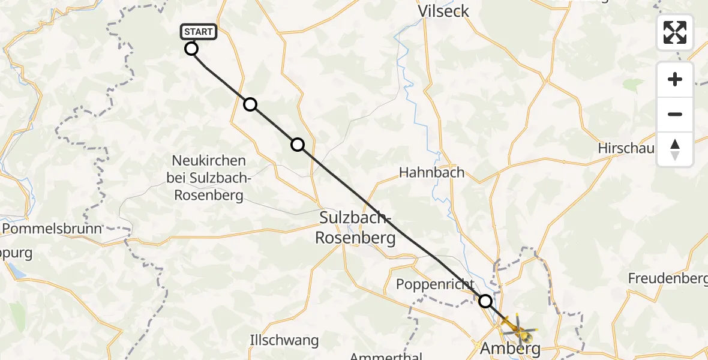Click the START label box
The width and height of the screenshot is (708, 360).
197,31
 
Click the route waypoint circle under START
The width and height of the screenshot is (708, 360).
191,49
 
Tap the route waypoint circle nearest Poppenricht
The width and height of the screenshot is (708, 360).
485,301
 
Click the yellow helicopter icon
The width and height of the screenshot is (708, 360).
515,326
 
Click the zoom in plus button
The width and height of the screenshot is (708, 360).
675,79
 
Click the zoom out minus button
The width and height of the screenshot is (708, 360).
675,114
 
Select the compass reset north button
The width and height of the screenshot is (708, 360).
675,149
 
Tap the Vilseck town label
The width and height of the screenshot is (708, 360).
443,11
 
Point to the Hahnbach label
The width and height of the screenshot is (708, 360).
432,173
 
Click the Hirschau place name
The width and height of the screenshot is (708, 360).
626,148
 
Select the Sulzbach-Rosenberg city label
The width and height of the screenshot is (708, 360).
356,227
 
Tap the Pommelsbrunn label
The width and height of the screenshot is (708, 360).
52,228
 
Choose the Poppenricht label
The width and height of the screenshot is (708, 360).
436,284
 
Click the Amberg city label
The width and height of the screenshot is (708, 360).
511,348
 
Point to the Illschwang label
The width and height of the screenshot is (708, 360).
284,341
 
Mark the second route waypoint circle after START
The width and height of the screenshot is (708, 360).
298,144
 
